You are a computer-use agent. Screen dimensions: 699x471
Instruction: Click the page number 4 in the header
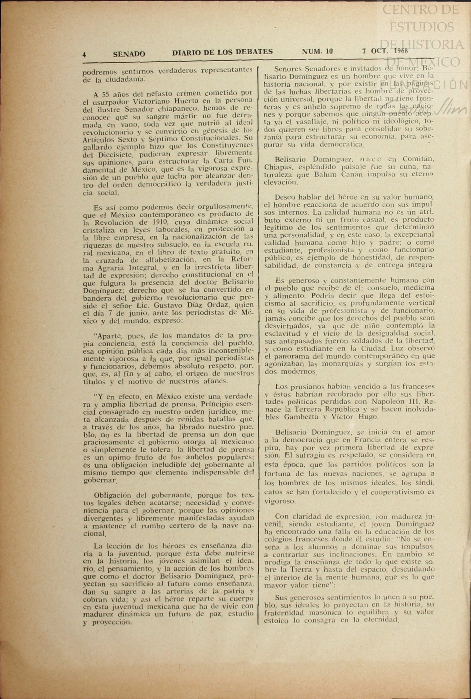click(84, 54)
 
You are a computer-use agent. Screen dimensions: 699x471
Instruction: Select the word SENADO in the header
click(129, 54)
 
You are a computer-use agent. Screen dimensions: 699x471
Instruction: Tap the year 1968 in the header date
click(401, 51)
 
